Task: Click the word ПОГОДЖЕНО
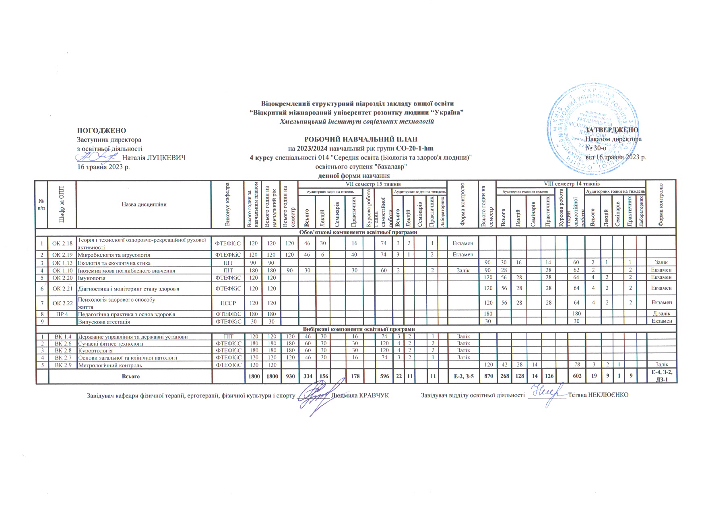[101, 131]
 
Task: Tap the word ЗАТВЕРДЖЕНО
[612, 130]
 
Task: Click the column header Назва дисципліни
[144, 204]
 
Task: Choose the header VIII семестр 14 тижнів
[571, 184]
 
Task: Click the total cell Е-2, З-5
[464, 377]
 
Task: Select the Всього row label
[131, 377]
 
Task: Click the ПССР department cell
[228, 302]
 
